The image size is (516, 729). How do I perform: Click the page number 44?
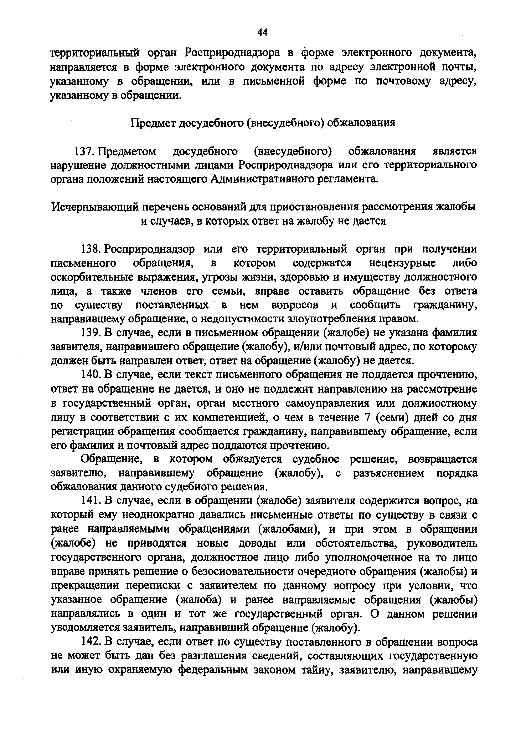[x=262, y=32]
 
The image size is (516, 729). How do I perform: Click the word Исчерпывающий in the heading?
[x=94, y=207]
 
